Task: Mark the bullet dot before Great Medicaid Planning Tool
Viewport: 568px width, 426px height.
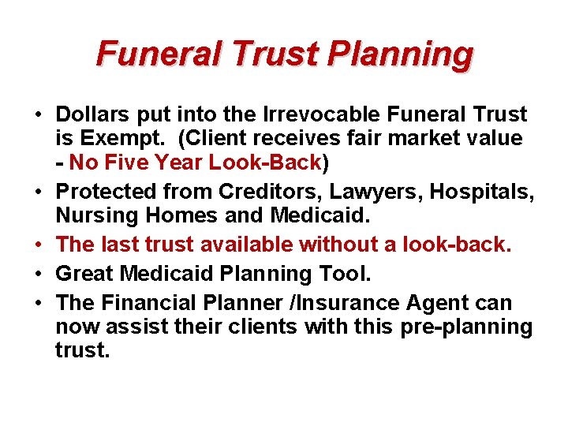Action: pyautogui.click(x=39, y=275)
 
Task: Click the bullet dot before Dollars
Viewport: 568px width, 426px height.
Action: pyautogui.click(x=39, y=116)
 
